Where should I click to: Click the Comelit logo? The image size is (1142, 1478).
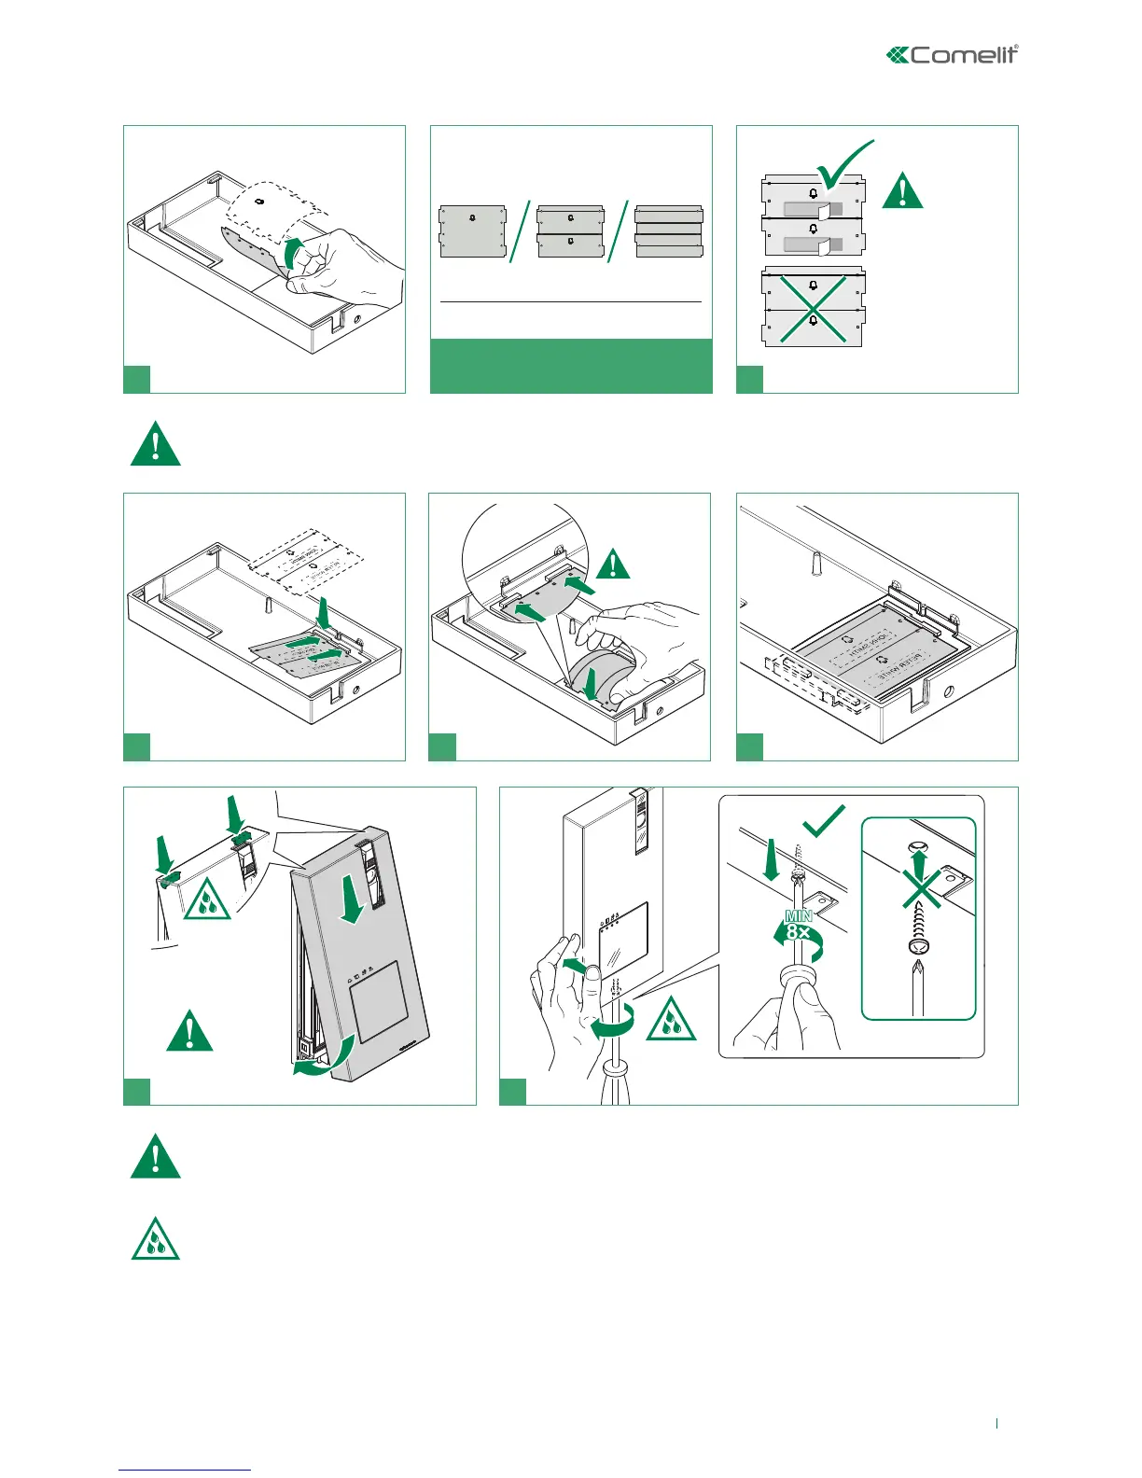point(952,55)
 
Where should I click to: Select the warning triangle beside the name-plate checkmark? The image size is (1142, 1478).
point(902,190)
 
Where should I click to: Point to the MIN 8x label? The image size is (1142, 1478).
point(799,925)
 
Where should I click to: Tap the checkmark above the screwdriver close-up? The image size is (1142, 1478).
point(824,821)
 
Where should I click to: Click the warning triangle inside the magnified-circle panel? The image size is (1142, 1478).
point(612,564)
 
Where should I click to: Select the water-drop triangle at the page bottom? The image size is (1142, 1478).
point(155,1239)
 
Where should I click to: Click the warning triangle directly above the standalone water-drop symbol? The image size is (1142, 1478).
point(155,1157)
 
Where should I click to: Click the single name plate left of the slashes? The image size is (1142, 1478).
point(473,232)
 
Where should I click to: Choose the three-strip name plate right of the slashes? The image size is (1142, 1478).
point(668,232)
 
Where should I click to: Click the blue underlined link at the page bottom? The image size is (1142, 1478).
point(185,1470)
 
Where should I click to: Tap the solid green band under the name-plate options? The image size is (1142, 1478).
point(571,366)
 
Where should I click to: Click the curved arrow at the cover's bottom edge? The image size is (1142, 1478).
point(322,1058)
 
